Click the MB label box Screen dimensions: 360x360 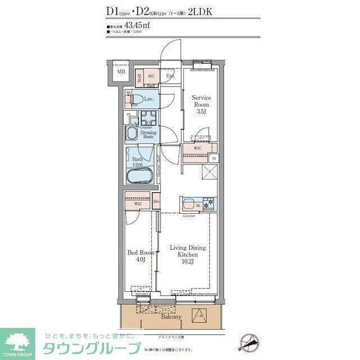tap(121, 72)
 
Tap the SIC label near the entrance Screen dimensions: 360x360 tap(151, 76)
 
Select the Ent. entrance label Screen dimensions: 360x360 tap(170, 76)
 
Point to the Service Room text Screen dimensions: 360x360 tap(201, 101)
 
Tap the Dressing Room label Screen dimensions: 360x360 tap(148, 134)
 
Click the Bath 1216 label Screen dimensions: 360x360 tap(138, 163)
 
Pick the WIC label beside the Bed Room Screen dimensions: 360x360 tap(130, 204)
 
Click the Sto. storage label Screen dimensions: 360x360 tap(156, 200)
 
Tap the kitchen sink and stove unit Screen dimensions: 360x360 tap(197, 204)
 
